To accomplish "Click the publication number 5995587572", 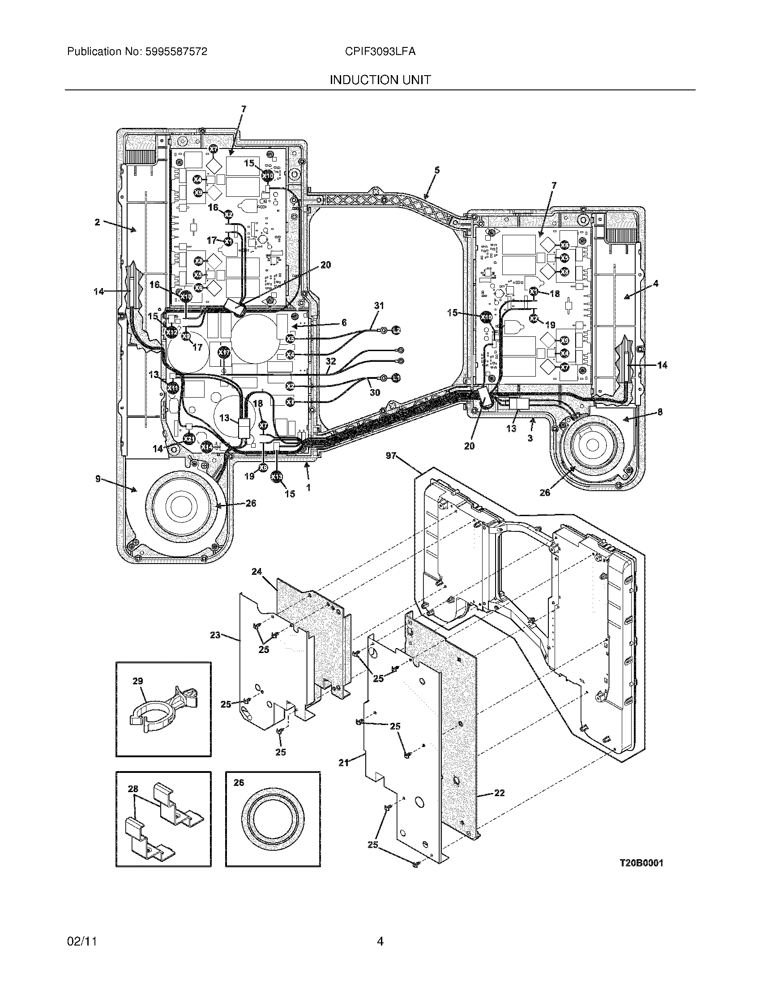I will click(175, 52).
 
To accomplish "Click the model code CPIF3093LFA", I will click(380, 52).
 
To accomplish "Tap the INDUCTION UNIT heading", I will click(380, 80).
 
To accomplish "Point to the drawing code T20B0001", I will click(641, 864).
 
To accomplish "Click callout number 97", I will click(391, 456).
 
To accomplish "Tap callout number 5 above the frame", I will click(436, 170).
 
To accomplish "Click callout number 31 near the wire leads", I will click(379, 306).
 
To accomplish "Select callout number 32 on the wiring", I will click(331, 361).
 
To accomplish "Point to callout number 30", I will click(375, 392).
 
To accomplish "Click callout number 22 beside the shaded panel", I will click(499, 793).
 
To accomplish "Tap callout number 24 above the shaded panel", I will click(257, 572).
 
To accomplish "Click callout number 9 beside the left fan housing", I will click(98, 479).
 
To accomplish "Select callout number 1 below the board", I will click(308, 487).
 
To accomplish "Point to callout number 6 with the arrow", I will click(344, 322).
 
